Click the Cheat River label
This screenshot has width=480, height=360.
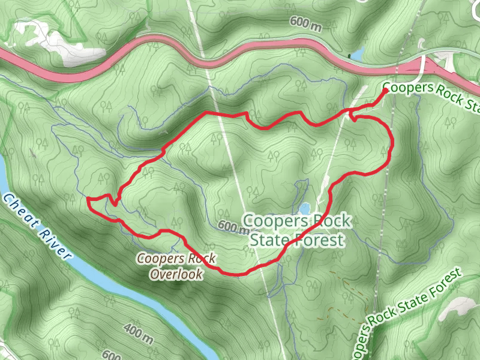(x=37, y=227)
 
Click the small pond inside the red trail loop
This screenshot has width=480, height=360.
(x=305, y=208)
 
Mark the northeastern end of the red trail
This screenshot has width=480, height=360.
(x=385, y=90)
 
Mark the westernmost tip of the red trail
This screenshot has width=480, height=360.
(x=88, y=199)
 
